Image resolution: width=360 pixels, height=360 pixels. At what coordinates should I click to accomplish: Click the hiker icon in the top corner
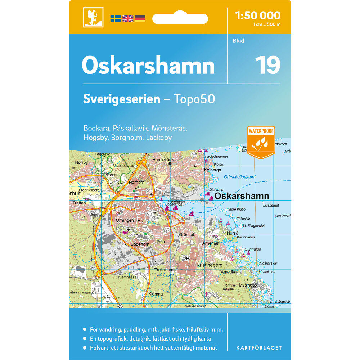coord(93,17)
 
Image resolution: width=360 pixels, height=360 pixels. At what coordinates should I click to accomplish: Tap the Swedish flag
coord(116,19)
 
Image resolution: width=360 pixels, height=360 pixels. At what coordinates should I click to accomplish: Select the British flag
coord(128,19)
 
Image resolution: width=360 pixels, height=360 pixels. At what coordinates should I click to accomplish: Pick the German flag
coord(140,19)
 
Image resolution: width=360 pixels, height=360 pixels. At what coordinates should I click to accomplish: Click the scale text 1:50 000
coord(257,15)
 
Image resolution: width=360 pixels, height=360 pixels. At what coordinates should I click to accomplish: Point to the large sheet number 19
coord(267,65)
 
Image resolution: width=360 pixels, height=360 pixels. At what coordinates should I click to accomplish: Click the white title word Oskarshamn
coord(148,66)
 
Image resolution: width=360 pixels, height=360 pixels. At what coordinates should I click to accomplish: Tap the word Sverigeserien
coord(121,99)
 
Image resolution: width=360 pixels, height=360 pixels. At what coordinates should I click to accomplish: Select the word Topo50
coord(194,99)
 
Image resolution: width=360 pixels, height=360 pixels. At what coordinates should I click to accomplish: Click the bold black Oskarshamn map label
coord(242,196)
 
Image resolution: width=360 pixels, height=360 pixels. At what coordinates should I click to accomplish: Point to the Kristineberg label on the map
coord(209,265)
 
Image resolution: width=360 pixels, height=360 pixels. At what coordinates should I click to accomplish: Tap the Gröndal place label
coord(186,235)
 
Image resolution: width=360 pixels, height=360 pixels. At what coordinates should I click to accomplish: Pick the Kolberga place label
coord(212,170)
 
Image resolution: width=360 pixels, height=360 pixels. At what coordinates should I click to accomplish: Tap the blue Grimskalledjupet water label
coord(240,177)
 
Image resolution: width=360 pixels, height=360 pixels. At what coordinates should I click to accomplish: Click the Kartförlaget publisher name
coord(259,348)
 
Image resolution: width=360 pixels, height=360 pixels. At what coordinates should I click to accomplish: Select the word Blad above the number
coord(238,41)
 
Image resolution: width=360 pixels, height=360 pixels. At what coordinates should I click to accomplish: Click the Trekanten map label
coord(164,270)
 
